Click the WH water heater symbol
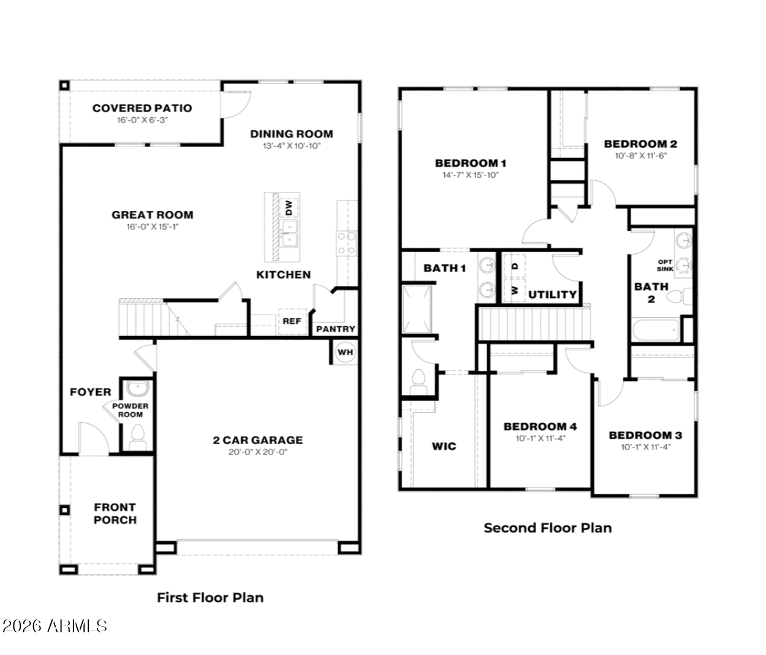coord(345,353)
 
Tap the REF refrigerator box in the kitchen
coord(292,321)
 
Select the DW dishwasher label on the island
coord(289,208)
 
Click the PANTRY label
coord(336,329)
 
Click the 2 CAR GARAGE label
coord(257,440)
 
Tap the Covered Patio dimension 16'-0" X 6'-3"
coord(142,120)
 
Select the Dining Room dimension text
coord(291,146)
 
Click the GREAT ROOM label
coord(152,215)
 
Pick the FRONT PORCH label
coord(115,513)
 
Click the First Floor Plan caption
coord(210,597)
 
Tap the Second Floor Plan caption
coord(547,527)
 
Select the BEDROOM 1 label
coord(471,163)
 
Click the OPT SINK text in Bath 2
coord(665,266)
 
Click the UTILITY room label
coord(552,294)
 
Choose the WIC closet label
coord(444,446)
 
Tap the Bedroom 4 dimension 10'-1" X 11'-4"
coord(540,439)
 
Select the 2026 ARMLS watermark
coord(55,626)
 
